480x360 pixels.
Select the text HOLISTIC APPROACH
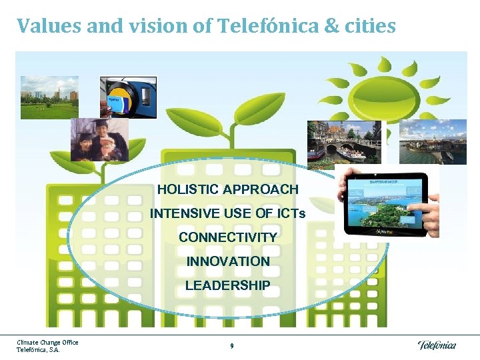click(228, 189)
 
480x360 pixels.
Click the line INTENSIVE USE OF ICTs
click(228, 213)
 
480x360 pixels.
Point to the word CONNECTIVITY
click(228, 237)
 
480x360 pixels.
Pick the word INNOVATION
click(228, 261)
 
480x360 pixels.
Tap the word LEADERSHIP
click(228, 285)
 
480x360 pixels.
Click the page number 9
click(231, 346)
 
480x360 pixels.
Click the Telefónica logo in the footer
click(437, 345)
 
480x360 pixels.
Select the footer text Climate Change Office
click(47, 343)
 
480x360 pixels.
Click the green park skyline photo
click(49, 97)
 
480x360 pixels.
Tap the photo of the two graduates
click(100, 139)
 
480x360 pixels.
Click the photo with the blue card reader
click(128, 97)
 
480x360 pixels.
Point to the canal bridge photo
click(344, 141)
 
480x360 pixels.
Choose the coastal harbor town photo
click(433, 141)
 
